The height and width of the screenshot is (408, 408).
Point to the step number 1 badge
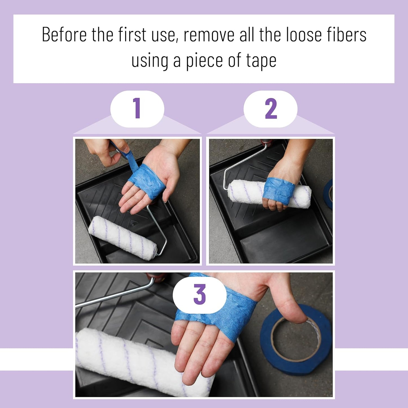137,109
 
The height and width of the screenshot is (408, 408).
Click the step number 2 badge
270,109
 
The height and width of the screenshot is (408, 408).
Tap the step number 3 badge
200,294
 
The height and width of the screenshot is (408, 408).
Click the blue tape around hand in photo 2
278,190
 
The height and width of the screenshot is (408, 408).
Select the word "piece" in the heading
204,61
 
